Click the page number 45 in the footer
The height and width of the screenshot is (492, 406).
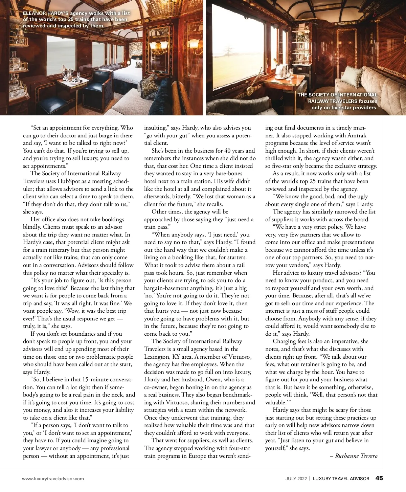point(379,478)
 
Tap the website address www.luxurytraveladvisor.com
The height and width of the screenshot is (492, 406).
point(53,478)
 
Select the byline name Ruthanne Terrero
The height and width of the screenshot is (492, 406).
point(356,456)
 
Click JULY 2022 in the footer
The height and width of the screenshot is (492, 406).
point(296,478)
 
